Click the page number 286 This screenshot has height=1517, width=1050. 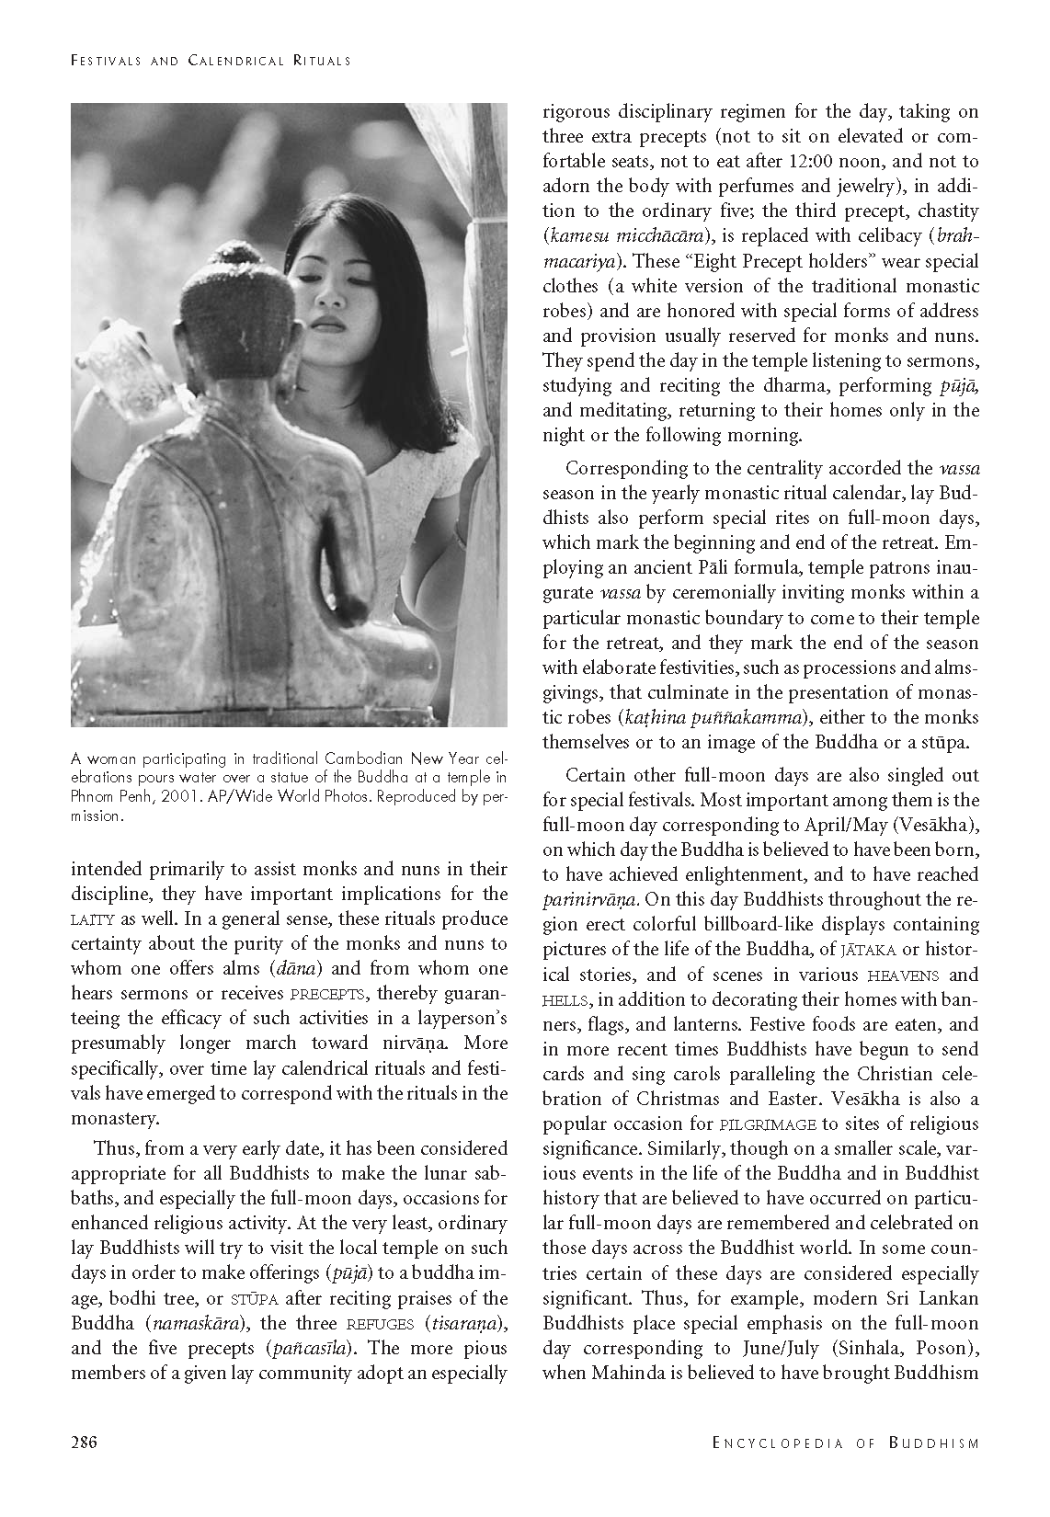[x=85, y=1442]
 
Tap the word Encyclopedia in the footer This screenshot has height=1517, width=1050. [x=777, y=1443]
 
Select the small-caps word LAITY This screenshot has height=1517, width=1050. [x=91, y=919]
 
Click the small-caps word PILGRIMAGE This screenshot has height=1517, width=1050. [x=768, y=1124]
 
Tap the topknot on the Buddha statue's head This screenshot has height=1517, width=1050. [x=240, y=259]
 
